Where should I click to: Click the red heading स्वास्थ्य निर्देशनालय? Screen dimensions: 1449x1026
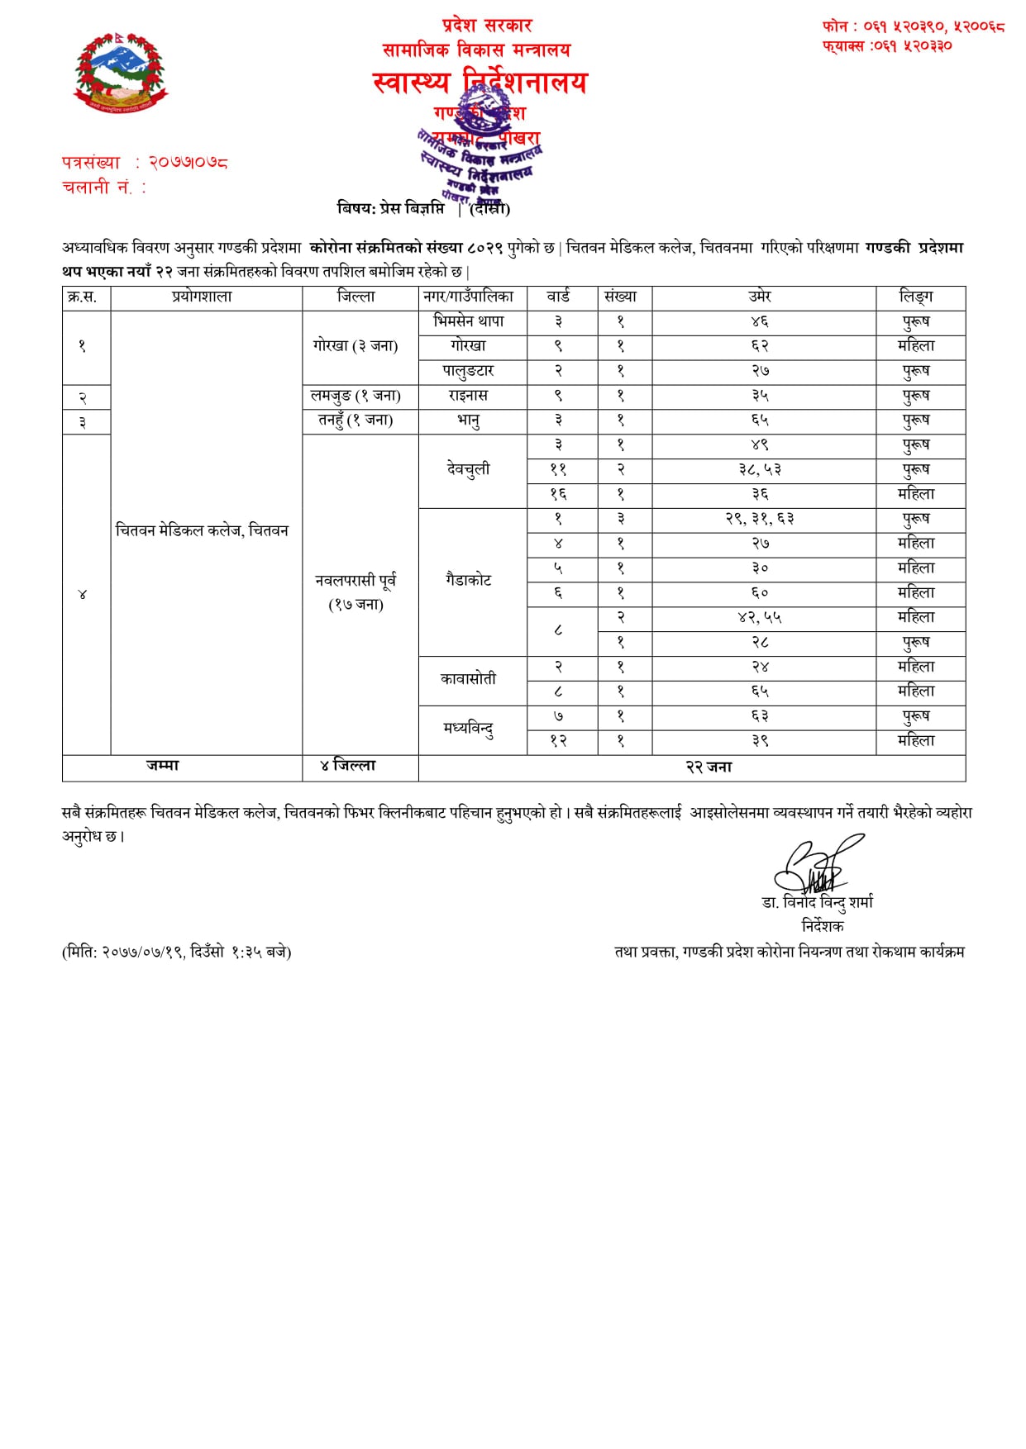point(480,83)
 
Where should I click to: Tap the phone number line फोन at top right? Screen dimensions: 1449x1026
point(913,26)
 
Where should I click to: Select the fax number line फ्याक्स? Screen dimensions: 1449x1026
point(887,46)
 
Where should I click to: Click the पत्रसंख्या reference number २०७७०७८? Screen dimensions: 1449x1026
point(188,163)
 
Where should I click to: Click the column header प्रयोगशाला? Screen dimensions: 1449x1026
point(203,297)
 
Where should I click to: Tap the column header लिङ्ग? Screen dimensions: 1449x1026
point(916,297)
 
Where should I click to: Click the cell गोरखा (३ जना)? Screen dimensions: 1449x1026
point(356,346)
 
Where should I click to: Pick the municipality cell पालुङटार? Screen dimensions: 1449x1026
point(468,371)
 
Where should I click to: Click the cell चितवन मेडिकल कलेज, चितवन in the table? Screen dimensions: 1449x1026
point(203,530)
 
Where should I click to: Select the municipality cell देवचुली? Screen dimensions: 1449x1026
point(468,469)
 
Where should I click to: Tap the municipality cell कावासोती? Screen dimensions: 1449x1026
point(468,679)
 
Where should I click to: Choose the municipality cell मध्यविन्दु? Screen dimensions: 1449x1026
point(468,729)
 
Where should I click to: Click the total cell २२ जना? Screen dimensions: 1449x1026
point(709,767)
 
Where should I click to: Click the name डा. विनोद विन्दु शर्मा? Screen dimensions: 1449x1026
point(817,902)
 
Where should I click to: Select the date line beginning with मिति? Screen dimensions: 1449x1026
point(177,953)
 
